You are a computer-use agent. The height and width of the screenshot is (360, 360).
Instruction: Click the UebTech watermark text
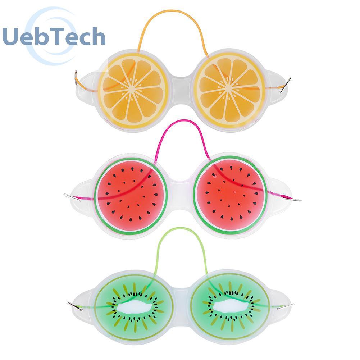pyautogui.click(x=54, y=37)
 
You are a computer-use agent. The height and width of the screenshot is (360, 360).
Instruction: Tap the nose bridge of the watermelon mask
pyautogui.click(x=180, y=192)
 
